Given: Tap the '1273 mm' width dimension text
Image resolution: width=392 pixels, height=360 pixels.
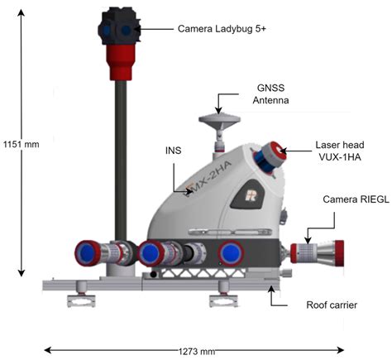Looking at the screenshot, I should coord(195,350).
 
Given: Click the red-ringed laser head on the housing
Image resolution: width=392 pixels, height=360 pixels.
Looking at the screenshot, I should coord(268,155).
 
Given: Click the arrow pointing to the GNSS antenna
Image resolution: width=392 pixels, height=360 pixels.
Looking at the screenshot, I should coord(218,104).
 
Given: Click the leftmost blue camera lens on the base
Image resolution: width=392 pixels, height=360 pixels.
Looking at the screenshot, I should coord(88,252).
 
